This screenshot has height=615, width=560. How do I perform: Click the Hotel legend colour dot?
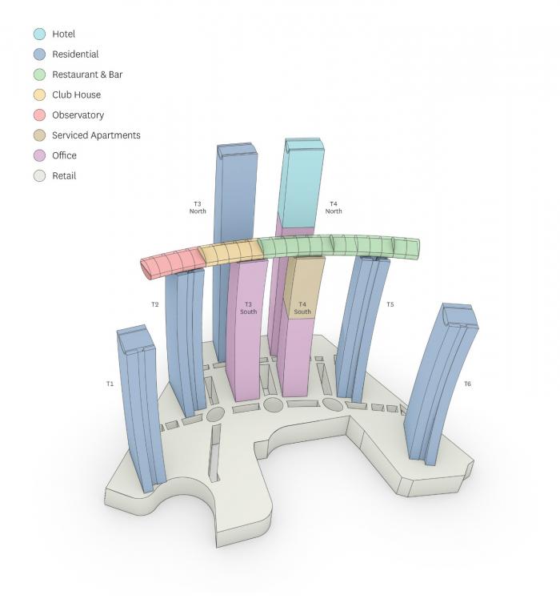39,34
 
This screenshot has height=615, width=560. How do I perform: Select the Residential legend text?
75,54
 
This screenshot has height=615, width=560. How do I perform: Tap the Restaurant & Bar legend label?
87,74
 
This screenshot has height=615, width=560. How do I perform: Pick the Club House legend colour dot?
39,95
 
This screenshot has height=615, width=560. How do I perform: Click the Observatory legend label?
78,115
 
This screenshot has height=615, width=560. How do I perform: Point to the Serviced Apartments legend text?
96,135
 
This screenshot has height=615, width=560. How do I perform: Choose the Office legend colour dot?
39,155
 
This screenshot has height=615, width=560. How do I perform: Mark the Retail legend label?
64,175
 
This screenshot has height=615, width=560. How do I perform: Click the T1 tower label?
110,384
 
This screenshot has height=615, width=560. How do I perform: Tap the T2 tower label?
154,304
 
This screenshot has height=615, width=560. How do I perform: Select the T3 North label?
198,207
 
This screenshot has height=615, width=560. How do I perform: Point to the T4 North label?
334,207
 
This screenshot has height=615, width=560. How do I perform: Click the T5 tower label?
390,304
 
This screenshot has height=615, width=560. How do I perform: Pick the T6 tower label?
467,384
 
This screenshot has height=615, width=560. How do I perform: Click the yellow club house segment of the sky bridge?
230,252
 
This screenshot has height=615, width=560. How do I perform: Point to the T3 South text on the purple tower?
248,307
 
